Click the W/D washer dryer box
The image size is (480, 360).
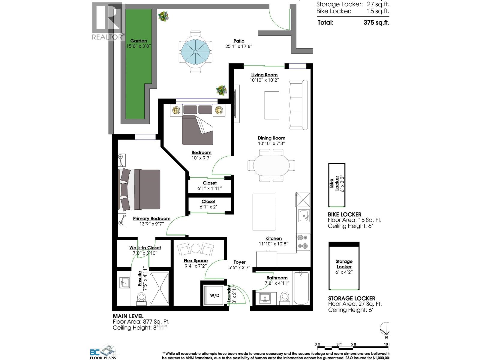(x=214, y=295)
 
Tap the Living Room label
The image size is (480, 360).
(x=264, y=75)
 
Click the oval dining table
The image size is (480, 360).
(x=271, y=165)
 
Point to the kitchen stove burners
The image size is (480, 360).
(x=303, y=241)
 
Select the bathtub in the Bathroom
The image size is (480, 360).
(x=301, y=288)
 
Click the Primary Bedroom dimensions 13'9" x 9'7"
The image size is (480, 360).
(x=152, y=224)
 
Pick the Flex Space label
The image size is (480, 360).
(x=196, y=261)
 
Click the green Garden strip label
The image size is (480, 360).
(x=139, y=41)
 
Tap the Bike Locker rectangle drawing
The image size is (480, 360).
(x=337, y=185)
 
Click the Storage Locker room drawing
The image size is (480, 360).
(x=344, y=266)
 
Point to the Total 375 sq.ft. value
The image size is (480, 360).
(x=376, y=22)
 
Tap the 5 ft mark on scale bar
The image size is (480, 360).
(x=353, y=344)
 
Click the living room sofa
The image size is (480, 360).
(x=298, y=105)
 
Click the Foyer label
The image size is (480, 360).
(x=239, y=262)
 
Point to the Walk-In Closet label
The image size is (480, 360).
(x=145, y=247)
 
